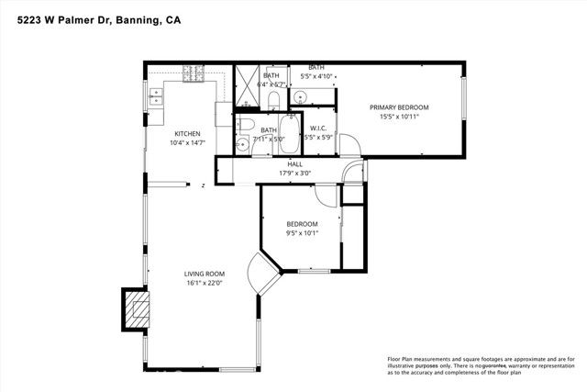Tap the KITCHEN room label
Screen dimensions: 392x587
coord(187,133)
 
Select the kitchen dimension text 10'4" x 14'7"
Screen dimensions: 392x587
coord(187,143)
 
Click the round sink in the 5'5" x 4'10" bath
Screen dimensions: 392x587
coord(301,95)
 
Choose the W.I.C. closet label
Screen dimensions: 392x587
coord(318,129)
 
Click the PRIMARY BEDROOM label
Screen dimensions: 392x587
coord(399,107)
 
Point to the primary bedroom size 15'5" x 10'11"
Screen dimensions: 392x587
coord(399,118)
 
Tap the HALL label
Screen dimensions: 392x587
coord(295,164)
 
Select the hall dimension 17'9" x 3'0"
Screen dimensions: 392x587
coord(295,174)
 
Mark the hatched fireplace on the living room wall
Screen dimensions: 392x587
coord(135,308)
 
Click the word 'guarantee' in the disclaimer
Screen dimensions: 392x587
coord(486,365)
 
